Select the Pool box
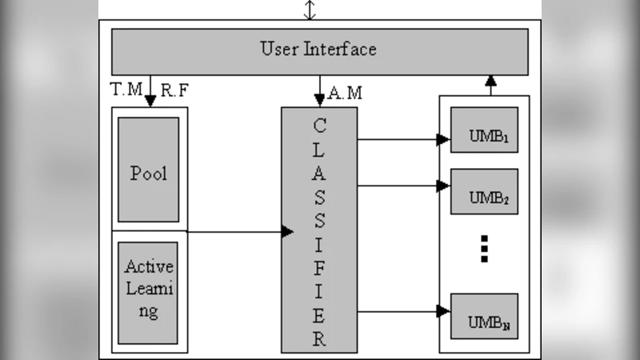tap(149, 170)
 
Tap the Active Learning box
tap(149, 289)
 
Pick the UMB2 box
tap(484, 191)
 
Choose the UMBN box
tap(484, 316)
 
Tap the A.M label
tap(345, 94)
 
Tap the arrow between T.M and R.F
tap(150, 91)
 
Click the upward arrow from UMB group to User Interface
tap(490, 84)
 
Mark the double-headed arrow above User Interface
tap(310, 10)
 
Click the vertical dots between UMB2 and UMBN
tap(484, 248)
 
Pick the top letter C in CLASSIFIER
tap(319, 126)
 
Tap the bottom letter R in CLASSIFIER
tap(319, 338)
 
